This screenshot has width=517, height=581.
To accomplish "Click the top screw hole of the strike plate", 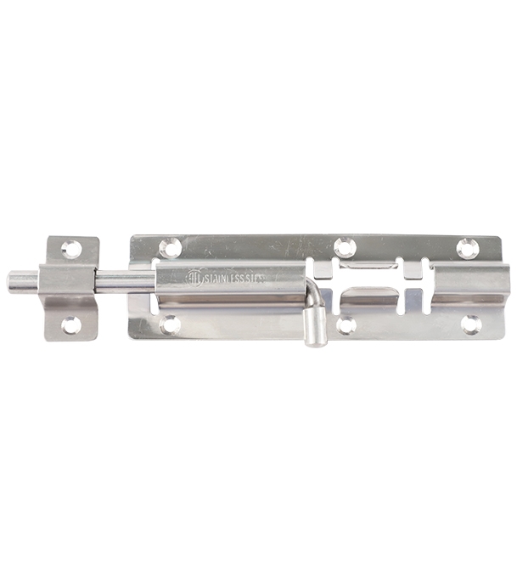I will (x=71, y=250).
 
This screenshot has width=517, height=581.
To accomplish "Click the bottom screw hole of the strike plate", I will (x=71, y=324).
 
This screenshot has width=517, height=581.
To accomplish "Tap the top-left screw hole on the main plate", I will (x=171, y=247).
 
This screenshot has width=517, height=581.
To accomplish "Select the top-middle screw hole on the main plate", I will (x=344, y=247).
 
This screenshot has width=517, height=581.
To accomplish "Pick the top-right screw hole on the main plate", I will (x=468, y=248).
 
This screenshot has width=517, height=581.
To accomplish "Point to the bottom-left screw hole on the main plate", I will (x=171, y=324).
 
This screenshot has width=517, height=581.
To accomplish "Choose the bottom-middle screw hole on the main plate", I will (x=346, y=324).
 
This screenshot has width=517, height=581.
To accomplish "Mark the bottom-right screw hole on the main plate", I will (x=469, y=324).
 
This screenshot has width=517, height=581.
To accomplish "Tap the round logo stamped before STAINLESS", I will (x=194, y=278).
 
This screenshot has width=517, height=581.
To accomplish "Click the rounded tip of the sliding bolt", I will (x=14, y=279).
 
